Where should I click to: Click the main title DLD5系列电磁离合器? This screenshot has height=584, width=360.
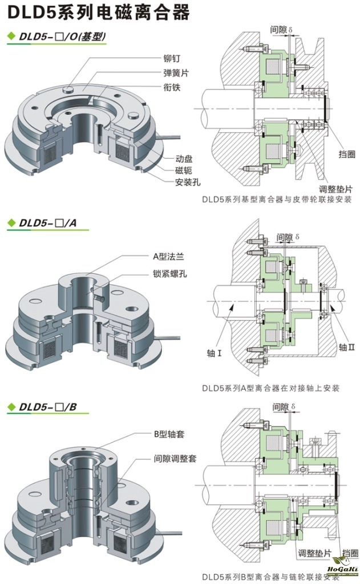[x=97, y=13]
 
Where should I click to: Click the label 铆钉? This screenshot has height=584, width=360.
[x=173, y=58]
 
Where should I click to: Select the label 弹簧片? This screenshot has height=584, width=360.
[x=177, y=73]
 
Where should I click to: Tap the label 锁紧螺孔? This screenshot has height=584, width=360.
[x=170, y=274]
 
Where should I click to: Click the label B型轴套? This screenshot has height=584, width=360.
[x=169, y=434]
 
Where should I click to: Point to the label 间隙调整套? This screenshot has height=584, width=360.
[x=173, y=458]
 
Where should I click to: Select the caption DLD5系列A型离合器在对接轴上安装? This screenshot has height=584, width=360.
[x=270, y=387]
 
